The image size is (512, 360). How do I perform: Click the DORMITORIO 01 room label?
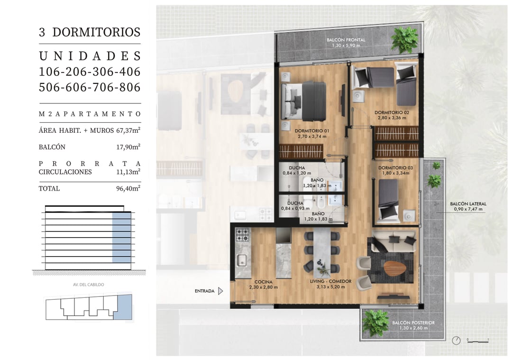312,130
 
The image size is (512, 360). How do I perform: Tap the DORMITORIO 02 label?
392,112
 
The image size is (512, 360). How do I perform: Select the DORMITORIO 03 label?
395,167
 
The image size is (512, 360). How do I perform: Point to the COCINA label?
263,282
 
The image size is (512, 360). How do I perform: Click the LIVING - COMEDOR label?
331,281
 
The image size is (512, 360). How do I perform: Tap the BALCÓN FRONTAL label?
346,40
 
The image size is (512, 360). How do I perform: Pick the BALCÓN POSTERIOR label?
413,323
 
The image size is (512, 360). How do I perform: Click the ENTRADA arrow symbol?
221,291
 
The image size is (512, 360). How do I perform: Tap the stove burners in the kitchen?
243,235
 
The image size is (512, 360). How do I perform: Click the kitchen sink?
242,260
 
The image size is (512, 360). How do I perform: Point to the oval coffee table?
395,269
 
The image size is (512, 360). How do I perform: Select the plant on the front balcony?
404,39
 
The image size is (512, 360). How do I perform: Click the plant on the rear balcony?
375,323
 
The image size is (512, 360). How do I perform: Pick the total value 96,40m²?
128,188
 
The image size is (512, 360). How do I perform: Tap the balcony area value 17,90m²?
128,147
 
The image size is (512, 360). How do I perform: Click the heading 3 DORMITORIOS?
90,32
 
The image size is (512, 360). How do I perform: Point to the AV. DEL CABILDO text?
89,285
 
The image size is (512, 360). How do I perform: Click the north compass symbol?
456,341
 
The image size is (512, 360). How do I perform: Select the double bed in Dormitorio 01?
304,101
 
